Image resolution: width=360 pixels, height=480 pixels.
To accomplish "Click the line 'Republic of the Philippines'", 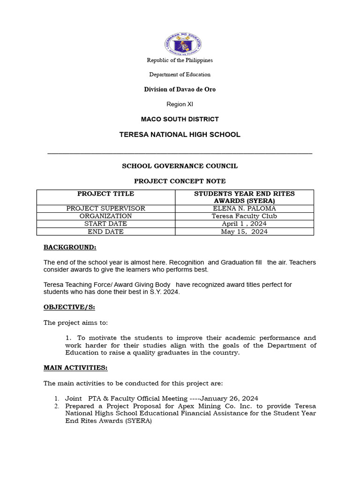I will pyautogui.click(x=180, y=60).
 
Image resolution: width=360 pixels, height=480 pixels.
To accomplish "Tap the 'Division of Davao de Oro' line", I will pyautogui.click(x=180, y=89).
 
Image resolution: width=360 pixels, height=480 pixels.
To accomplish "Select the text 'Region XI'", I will pyautogui.click(x=180, y=104).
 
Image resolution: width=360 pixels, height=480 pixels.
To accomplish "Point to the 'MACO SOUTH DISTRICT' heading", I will pyautogui.click(x=180, y=119).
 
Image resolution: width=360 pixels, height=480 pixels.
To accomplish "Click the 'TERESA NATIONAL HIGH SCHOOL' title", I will pyautogui.click(x=180, y=135).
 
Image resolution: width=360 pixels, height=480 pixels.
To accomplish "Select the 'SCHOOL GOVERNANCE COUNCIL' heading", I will pyautogui.click(x=180, y=166).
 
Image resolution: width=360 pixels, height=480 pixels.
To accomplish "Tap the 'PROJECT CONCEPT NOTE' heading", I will pyautogui.click(x=180, y=181).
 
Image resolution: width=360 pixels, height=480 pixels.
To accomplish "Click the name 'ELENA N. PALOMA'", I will pyautogui.click(x=244, y=209).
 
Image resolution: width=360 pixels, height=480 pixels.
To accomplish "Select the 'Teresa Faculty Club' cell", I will pyautogui.click(x=244, y=216).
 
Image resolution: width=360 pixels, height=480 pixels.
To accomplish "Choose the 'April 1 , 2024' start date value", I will pyautogui.click(x=244, y=224).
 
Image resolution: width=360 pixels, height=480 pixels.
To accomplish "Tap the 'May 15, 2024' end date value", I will pyautogui.click(x=244, y=232).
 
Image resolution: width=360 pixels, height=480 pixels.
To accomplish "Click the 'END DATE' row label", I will pyautogui.click(x=105, y=232).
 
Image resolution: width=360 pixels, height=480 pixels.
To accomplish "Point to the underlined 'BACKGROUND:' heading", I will pyautogui.click(x=70, y=247).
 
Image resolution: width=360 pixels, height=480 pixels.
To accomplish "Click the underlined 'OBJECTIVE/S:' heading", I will pyautogui.click(x=69, y=307).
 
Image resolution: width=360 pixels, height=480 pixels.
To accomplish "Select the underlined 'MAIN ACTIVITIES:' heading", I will pyautogui.click(x=75, y=367).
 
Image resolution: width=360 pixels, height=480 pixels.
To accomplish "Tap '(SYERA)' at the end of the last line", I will pyautogui.click(x=138, y=421).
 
